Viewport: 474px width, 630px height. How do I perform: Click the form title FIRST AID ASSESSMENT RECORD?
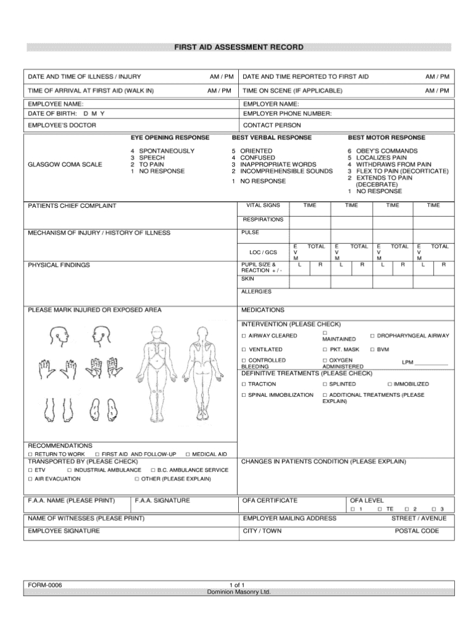click(x=238, y=48)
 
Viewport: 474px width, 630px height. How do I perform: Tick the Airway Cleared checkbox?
click(x=243, y=336)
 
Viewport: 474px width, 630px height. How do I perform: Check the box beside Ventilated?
click(x=243, y=349)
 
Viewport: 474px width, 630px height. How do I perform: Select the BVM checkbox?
click(x=372, y=349)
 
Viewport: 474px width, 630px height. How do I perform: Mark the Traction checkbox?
click(x=243, y=384)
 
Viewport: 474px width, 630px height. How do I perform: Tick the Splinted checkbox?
click(x=325, y=384)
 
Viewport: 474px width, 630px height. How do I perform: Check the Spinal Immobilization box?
click(x=243, y=394)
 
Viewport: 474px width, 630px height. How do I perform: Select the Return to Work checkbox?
click(x=30, y=454)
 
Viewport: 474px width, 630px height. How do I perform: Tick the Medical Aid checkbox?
click(x=188, y=454)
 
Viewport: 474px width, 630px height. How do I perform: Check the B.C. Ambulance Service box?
click(x=152, y=470)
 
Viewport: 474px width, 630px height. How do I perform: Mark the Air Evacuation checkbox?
click(x=30, y=478)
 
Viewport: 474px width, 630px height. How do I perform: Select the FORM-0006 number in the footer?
click(x=44, y=584)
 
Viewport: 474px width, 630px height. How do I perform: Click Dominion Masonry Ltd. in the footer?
click(x=238, y=591)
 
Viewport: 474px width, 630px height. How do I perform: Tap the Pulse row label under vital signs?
click(x=251, y=233)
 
